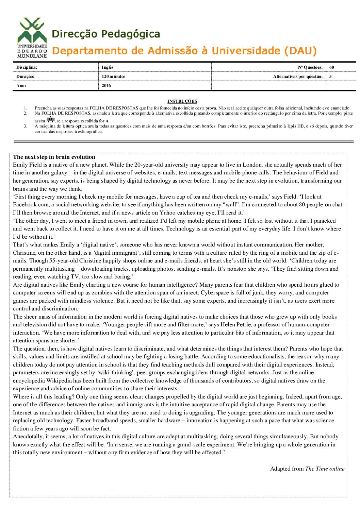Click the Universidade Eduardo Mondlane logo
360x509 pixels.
(x=32, y=37)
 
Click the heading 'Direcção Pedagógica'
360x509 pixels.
(x=106, y=34)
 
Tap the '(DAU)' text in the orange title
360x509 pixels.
(x=300, y=51)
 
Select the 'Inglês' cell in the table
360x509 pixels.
(x=108, y=67)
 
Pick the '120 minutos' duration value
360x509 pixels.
(x=113, y=77)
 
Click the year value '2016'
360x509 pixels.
(x=106, y=86)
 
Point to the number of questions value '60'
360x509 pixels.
(x=331, y=67)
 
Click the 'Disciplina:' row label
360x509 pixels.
(x=27, y=67)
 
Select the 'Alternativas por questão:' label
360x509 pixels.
(x=298, y=77)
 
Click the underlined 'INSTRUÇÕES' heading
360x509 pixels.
(x=182, y=101)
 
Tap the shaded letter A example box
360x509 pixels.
(x=50, y=119)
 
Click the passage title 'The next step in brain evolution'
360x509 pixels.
(x=54, y=157)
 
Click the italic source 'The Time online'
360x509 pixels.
(x=325, y=469)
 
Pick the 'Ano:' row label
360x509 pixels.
(x=21, y=86)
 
